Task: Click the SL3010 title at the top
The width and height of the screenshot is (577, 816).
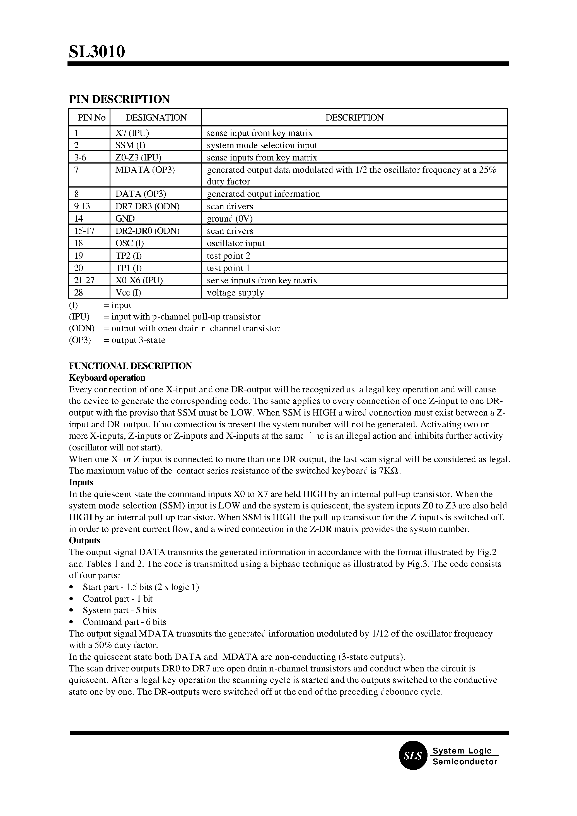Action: pos(97,52)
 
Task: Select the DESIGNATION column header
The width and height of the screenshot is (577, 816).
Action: pos(156,118)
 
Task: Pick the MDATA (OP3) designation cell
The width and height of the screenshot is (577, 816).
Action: pos(145,170)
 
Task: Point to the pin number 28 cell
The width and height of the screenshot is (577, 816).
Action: pos(79,293)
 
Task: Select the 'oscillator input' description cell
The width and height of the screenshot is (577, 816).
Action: pos(236,243)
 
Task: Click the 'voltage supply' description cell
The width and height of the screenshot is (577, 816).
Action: pos(235,293)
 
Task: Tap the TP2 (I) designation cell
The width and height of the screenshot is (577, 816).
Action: pos(128,256)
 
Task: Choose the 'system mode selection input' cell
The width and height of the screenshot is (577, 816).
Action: pos(262,145)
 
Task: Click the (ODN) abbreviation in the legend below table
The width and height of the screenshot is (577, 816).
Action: pos(81,328)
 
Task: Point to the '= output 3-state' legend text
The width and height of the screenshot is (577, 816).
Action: pos(134,340)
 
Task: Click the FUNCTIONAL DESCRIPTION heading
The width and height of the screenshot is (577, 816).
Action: pos(130,366)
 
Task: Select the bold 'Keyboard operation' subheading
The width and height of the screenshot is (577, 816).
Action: pos(107,378)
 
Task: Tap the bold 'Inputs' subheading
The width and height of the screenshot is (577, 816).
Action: pos(81,482)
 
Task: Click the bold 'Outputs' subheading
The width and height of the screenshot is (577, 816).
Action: pos(85,541)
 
